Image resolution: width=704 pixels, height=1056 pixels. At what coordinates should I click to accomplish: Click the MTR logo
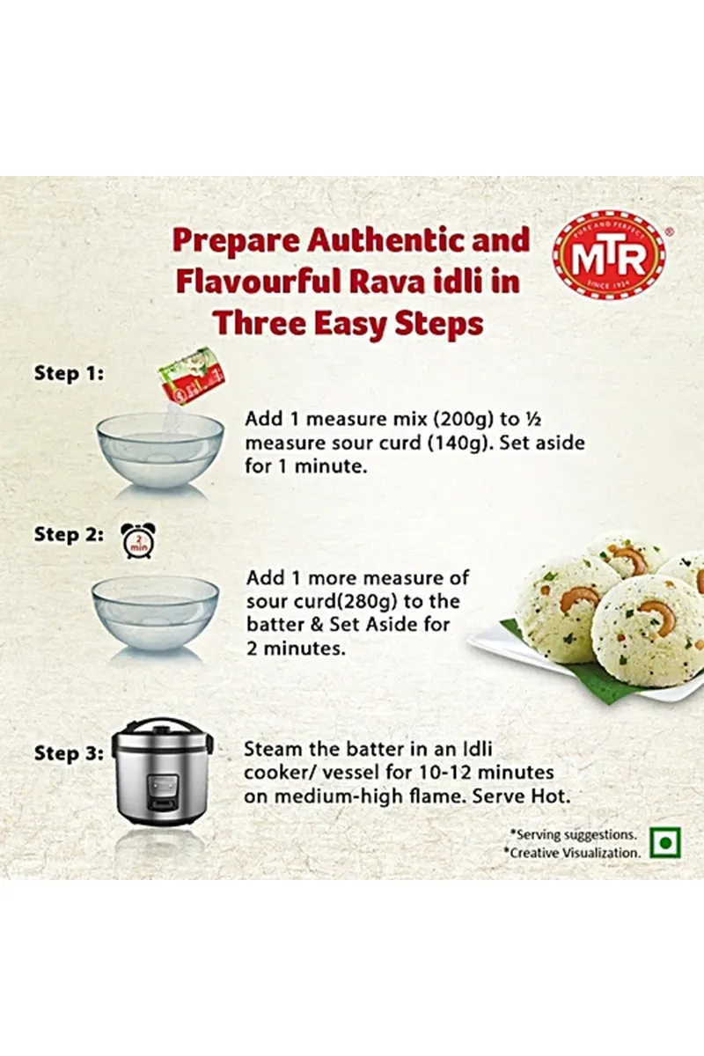pyautogui.click(x=609, y=257)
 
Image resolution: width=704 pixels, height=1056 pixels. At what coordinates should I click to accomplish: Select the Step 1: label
pyautogui.click(x=69, y=374)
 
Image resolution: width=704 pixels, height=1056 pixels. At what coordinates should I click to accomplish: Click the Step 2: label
pyautogui.click(x=69, y=535)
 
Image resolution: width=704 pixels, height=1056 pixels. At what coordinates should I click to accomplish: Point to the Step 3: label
pyautogui.click(x=69, y=753)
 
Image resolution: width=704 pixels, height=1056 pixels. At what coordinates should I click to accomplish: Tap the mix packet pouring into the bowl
pyautogui.click(x=191, y=371)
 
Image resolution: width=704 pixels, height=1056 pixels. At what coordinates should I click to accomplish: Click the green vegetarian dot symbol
pyautogui.click(x=665, y=842)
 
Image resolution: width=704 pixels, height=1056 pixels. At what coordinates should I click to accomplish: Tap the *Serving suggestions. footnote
pyautogui.click(x=574, y=834)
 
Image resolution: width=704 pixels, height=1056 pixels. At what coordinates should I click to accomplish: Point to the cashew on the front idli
pyautogui.click(x=656, y=613)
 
